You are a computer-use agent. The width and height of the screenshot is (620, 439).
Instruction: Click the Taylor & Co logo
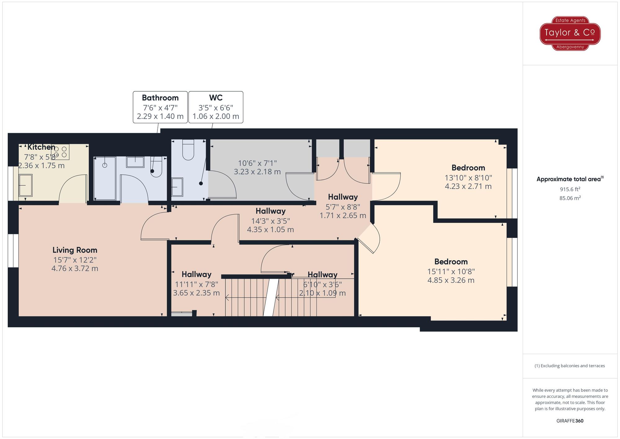(x=570, y=33)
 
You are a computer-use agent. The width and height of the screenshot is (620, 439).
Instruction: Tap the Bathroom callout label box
(x=160, y=107)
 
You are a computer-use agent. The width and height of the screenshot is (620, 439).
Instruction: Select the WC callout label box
(x=216, y=107)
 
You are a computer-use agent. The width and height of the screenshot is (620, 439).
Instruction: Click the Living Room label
(x=75, y=250)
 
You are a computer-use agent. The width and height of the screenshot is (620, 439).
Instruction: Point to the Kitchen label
(x=41, y=147)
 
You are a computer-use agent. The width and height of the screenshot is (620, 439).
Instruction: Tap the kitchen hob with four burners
(x=60, y=152)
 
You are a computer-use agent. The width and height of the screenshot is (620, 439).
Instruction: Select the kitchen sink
(x=25, y=185)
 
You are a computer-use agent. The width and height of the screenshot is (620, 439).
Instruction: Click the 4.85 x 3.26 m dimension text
(x=451, y=280)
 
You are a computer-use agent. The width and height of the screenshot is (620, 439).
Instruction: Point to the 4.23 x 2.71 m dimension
(x=468, y=186)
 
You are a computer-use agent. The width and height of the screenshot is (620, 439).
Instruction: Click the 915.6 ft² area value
(x=570, y=189)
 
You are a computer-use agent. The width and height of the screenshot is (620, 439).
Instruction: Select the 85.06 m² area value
(x=570, y=198)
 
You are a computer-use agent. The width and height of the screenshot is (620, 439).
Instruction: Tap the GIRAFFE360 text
(x=570, y=421)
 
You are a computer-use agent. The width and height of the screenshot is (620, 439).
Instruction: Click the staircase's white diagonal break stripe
(x=271, y=297)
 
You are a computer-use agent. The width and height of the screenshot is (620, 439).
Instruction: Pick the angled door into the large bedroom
(x=369, y=239)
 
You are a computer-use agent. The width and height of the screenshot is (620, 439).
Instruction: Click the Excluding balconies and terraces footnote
(x=570, y=366)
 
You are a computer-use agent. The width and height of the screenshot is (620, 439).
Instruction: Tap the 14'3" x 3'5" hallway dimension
(x=270, y=221)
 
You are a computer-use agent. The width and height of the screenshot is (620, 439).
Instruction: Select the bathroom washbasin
(x=135, y=162)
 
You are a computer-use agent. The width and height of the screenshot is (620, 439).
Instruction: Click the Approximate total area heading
(x=570, y=179)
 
